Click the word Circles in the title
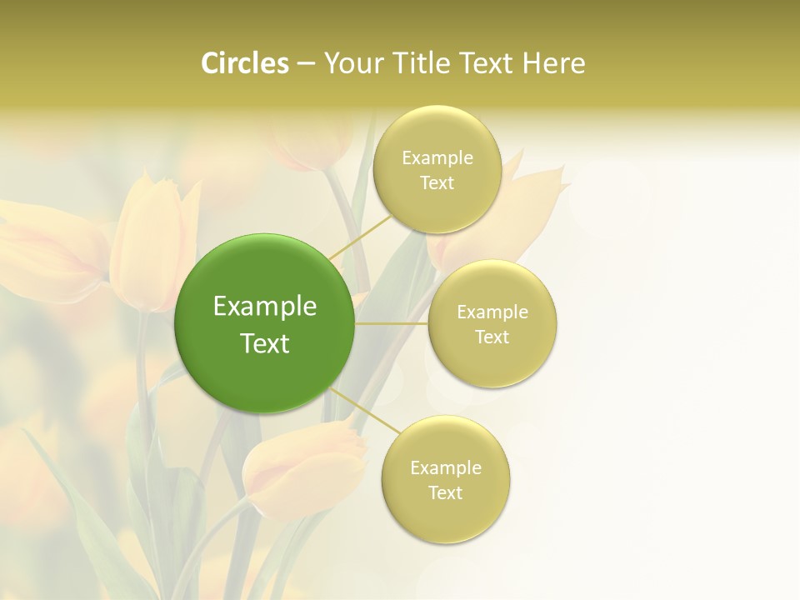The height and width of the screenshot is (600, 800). pos(245,63)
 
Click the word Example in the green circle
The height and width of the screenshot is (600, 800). pos(265,307)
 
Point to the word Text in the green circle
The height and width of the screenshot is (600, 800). pos(265,343)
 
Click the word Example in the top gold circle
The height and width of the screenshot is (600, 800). pos(437,158)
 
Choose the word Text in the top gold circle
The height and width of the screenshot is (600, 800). pos(437,183)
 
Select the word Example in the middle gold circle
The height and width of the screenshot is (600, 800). pos(492,312)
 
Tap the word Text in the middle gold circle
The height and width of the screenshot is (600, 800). pos(492,337)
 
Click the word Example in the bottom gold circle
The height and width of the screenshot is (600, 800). pos(446,468)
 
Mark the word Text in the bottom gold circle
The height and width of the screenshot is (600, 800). pos(445,493)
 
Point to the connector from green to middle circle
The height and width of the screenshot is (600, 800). pos(392,323)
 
